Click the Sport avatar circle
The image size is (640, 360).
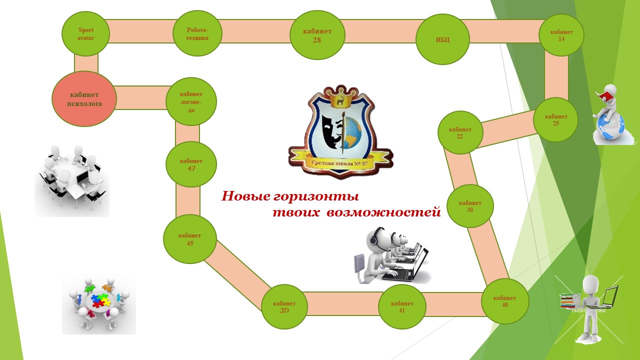[x=85, y=34]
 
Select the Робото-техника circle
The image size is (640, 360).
[x=197, y=34]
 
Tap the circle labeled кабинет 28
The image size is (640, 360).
[x=317, y=35]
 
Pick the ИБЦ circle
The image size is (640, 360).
[x=442, y=39]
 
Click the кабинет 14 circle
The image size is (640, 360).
[x=561, y=35]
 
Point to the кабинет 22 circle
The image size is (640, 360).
[x=460, y=132]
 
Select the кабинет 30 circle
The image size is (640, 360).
[x=470, y=206]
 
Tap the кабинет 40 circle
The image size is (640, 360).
[x=505, y=301]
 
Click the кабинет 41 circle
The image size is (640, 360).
[x=402, y=306]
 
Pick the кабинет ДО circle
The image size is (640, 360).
[x=284, y=306]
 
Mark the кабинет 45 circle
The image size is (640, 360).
[x=190, y=239]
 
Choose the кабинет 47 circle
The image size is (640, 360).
[x=191, y=164]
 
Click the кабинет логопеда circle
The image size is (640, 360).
[x=191, y=101]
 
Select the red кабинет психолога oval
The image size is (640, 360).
[x=84, y=99]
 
